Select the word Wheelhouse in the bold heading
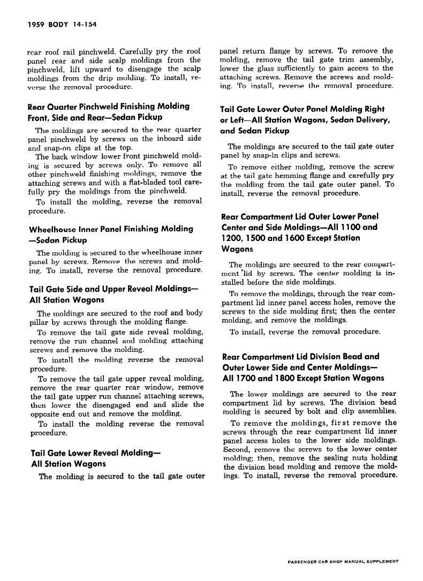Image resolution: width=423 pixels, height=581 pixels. (x=52, y=229)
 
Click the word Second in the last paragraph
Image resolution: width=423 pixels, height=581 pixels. (x=236, y=449)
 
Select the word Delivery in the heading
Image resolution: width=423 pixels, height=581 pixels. (x=377, y=120)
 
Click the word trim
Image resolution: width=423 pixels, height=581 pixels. (x=346, y=60)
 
